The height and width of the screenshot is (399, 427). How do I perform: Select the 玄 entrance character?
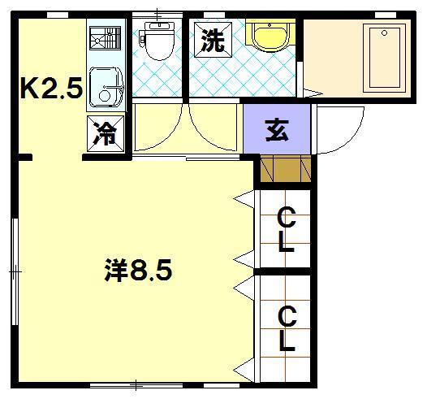pos(277,129)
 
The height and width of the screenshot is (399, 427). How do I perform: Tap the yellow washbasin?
pos(268,37)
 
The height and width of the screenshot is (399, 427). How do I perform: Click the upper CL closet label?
pos(285,230)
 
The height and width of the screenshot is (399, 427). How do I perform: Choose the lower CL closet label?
pos(286,328)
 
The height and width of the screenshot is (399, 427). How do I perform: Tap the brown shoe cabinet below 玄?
pos(284,169)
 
